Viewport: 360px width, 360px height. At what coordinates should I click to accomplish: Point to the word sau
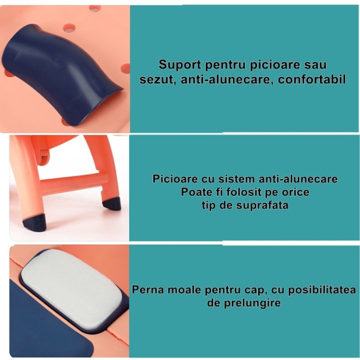pos(314,65)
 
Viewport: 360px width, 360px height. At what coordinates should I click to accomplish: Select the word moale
pos(184,289)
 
